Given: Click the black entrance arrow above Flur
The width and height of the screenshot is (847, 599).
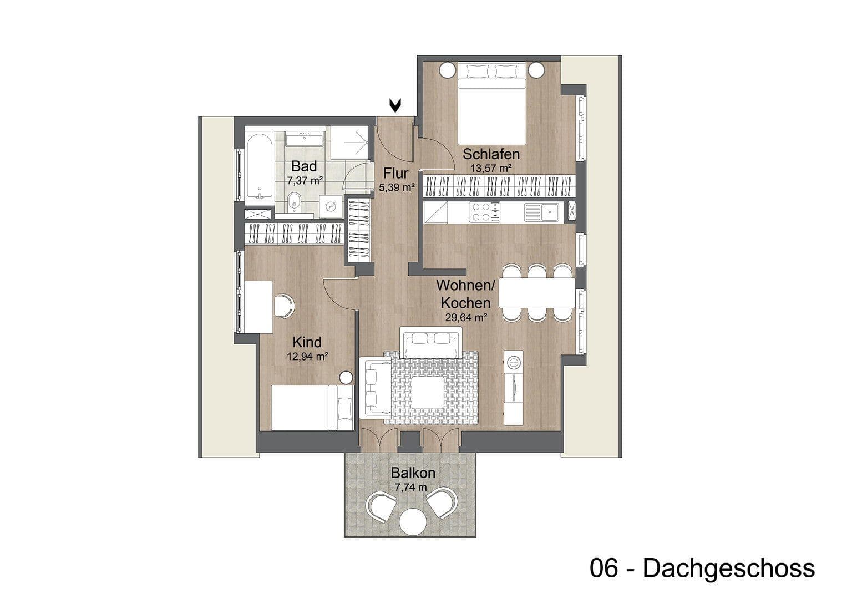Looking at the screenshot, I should pos(395,105).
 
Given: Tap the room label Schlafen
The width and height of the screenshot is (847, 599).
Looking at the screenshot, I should pos(491,154).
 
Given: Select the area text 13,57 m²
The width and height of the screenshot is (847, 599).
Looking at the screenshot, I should pos(491,167).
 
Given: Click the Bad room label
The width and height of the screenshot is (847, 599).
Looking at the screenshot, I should pos(304,166).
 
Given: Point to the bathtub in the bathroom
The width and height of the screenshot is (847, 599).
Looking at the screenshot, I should pos(258,166).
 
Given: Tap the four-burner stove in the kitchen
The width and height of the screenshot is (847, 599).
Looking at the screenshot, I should pos(484,211).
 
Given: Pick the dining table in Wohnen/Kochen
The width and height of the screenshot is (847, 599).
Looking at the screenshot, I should pos(537,293).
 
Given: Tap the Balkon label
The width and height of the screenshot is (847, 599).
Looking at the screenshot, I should pos(413,473).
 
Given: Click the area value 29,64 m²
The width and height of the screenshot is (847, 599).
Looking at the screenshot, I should pos(466,318).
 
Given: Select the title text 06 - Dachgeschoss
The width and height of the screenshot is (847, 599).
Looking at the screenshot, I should pos(702,568).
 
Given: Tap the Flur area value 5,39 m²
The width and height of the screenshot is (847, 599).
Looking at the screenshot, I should pos(396,188).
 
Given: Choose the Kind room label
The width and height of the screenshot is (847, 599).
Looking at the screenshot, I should pos(307,342).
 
